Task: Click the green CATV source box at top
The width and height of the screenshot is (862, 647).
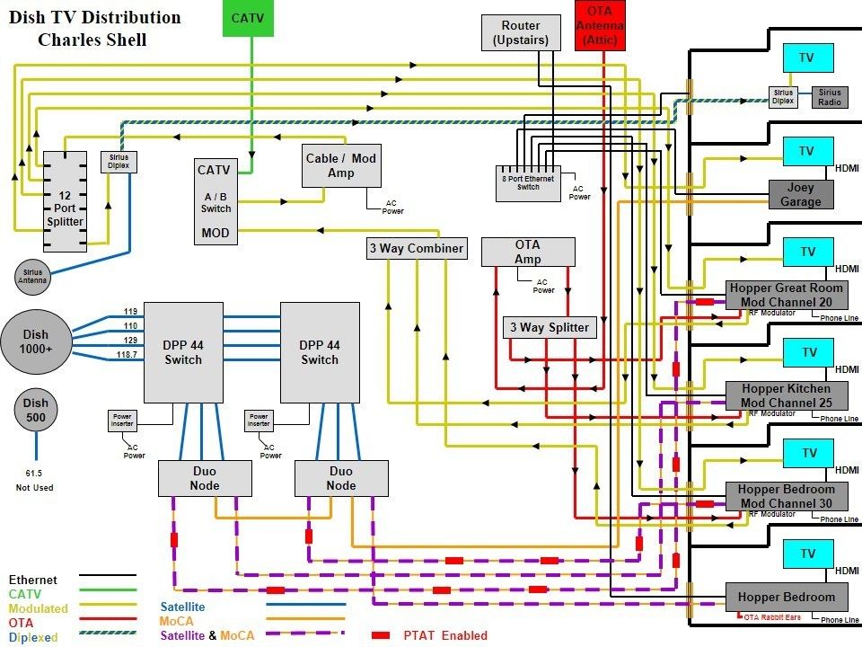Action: pyautogui.click(x=247, y=18)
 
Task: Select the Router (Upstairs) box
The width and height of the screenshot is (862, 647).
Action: pyautogui.click(x=521, y=32)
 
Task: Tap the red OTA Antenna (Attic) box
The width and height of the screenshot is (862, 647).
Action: pyautogui.click(x=599, y=24)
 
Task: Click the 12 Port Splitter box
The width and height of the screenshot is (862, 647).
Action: pyautogui.click(x=65, y=201)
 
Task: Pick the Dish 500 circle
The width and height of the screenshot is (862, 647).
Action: pyautogui.click(x=36, y=410)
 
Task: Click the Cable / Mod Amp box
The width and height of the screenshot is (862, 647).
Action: pyautogui.click(x=340, y=165)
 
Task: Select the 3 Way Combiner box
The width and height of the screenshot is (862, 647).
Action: pyautogui.click(x=417, y=248)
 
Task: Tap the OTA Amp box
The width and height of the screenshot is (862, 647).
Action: pyautogui.click(x=527, y=252)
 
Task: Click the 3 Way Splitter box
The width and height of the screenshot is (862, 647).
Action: pyautogui.click(x=550, y=327)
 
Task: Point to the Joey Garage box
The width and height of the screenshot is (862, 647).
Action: pyautogui.click(x=800, y=195)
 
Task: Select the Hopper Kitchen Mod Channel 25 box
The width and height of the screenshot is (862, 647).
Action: pyautogui.click(x=786, y=396)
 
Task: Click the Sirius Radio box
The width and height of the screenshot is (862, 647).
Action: pyautogui.click(x=829, y=97)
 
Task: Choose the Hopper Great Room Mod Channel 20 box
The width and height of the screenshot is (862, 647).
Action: pyautogui.click(x=786, y=295)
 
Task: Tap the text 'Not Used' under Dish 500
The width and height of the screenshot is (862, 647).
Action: pyautogui.click(x=36, y=488)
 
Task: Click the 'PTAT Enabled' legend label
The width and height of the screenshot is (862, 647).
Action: pyautogui.click(x=445, y=635)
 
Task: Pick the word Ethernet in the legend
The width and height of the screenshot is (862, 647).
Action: pyautogui.click(x=32, y=581)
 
